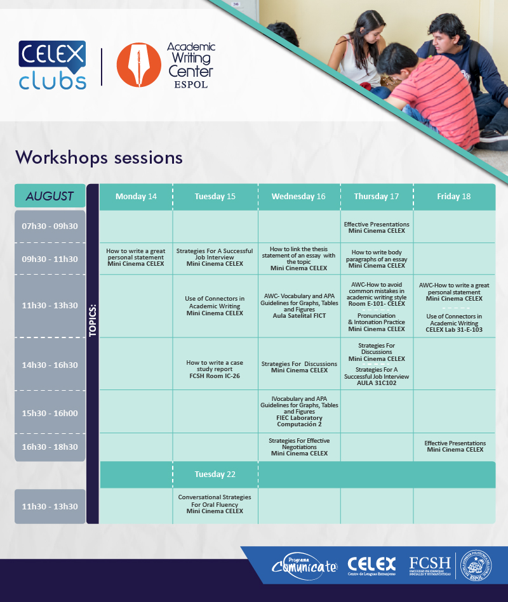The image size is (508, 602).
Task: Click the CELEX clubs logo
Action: click(x=52, y=65)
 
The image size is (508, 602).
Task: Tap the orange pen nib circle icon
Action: click(x=138, y=65)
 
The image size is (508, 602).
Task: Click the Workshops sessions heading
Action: click(x=99, y=157)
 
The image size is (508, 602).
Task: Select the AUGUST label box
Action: click(x=50, y=196)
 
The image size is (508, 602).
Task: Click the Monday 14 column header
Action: click(x=136, y=197)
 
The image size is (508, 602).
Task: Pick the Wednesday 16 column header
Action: click(x=298, y=197)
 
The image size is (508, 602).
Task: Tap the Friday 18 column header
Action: click(x=454, y=197)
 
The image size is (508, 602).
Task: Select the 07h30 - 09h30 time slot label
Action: click(x=50, y=226)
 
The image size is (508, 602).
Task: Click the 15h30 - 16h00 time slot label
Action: click(x=50, y=413)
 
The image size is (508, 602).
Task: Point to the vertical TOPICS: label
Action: click(x=93, y=320)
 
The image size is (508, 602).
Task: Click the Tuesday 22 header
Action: click(x=215, y=474)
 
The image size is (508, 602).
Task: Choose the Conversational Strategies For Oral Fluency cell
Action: click(x=215, y=504)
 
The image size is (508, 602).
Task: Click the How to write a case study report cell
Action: click(x=215, y=369)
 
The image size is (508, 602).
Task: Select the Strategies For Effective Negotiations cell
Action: click(x=299, y=447)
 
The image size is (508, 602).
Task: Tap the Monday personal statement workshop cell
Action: click(x=136, y=258)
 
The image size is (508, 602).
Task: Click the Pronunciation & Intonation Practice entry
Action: click(x=377, y=322)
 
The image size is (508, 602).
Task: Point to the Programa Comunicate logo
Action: click(x=304, y=566)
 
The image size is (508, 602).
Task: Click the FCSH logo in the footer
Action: click(x=430, y=566)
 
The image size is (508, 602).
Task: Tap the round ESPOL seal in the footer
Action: click(x=476, y=565)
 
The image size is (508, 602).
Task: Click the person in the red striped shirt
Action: click(x=427, y=96)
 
